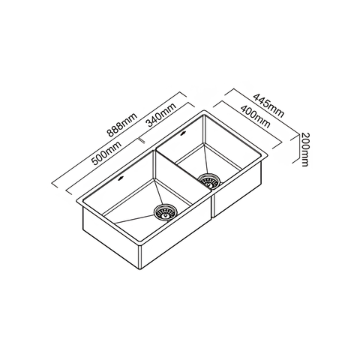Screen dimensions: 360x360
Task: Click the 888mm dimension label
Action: tap(122, 124)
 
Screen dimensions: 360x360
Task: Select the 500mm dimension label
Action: tap(106, 153)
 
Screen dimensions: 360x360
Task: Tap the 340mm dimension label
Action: tap(161, 114)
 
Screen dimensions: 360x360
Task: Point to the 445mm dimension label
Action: tap(268, 105)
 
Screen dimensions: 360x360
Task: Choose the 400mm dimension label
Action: tap(255, 116)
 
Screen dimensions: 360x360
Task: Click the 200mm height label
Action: tap(305, 149)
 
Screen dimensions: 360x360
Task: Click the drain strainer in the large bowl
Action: tap(165, 213)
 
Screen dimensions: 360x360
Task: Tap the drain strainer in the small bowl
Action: tap(209, 181)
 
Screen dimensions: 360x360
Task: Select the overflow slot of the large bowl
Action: tap(121, 178)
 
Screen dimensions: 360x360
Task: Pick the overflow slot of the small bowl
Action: tap(183, 133)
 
